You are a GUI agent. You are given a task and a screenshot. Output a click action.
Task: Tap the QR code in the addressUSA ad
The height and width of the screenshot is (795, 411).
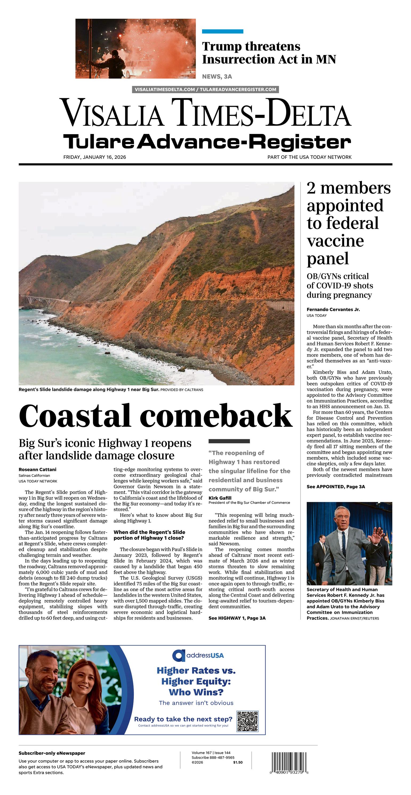coord(247,721)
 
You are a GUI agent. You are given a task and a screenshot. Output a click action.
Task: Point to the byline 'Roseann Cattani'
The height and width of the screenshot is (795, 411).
coord(37,469)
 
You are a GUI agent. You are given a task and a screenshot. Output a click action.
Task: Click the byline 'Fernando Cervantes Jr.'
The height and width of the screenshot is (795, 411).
coord(333,309)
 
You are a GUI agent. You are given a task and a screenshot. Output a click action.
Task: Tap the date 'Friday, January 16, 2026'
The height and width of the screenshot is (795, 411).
coord(95,157)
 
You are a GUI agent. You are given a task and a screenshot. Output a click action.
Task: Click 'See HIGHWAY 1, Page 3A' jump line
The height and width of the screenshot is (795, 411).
coord(237,618)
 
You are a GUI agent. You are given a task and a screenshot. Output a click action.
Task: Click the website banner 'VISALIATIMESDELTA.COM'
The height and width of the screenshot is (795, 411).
coord(205,89)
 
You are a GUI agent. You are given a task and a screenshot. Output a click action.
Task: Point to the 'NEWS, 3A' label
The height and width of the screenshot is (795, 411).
coord(217,77)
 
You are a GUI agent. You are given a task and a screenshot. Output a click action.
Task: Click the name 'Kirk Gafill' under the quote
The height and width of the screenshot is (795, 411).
coord(220,498)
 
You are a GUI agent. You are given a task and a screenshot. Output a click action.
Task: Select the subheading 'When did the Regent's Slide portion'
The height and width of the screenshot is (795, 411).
coord(149,535)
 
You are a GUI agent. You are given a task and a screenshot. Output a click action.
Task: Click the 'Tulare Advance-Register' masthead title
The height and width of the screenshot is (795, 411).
coord(207,142)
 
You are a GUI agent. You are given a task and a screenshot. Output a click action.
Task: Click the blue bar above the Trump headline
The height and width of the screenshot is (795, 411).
coord(222,31)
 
